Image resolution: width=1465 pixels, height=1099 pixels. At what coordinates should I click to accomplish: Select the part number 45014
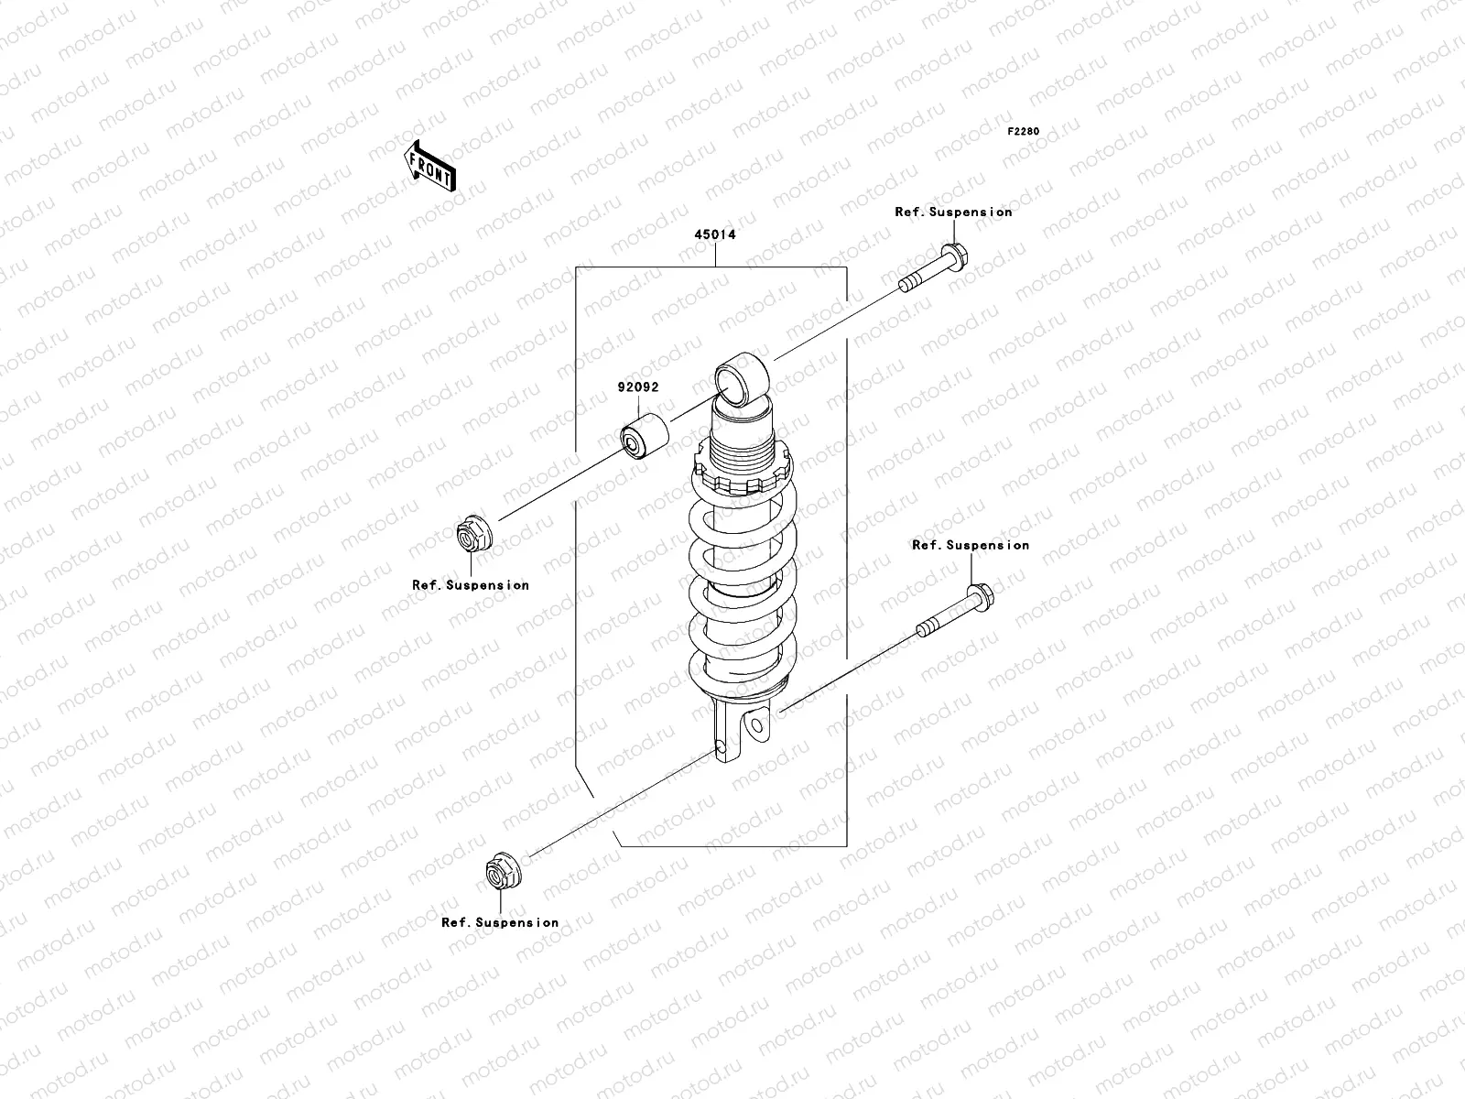(714, 234)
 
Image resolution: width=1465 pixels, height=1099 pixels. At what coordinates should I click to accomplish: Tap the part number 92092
(637, 387)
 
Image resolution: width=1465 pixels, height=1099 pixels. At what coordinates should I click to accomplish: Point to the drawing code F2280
(1024, 132)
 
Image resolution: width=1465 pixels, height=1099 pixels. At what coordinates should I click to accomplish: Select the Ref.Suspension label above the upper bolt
(953, 212)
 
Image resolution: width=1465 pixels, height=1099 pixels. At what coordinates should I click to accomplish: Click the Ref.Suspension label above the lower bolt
(970, 545)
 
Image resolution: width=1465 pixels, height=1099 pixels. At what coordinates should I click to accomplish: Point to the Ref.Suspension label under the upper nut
(470, 585)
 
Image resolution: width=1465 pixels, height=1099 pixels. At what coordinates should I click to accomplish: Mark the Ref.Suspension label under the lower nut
(499, 923)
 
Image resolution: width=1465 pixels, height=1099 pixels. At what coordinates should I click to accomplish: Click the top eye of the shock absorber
(740, 377)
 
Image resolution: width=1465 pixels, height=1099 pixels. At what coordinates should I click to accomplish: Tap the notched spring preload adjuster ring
(743, 477)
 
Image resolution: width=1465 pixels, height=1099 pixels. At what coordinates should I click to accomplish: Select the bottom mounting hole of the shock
(755, 726)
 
